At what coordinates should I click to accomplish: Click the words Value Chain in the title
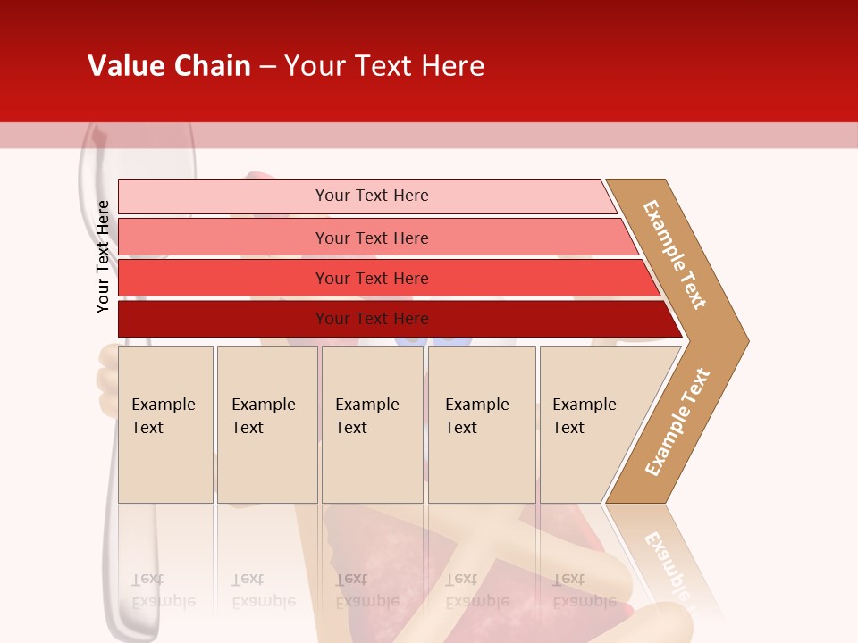point(169,66)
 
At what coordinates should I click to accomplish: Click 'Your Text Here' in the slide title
point(384,66)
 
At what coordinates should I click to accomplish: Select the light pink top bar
point(223,196)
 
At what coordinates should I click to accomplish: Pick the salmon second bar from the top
point(223,238)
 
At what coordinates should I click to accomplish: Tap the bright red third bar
point(223,278)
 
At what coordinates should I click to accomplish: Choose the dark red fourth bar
point(223,319)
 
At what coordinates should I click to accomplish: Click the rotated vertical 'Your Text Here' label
point(104,256)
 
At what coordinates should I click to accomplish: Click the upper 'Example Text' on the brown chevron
point(675,255)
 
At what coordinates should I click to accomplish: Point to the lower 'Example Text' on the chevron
point(677,422)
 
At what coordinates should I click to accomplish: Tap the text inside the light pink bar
point(372,196)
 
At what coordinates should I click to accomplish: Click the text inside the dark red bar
point(372,319)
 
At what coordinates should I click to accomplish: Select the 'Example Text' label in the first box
point(163,416)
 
